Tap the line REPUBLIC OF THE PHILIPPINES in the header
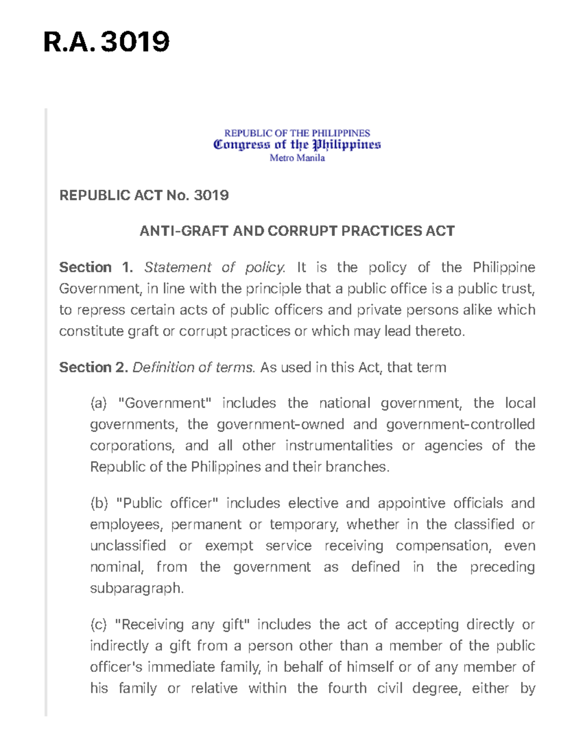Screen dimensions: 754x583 point(297,133)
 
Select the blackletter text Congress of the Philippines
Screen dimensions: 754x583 point(297,145)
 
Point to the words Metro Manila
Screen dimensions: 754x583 point(297,158)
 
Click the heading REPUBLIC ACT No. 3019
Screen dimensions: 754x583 point(144,195)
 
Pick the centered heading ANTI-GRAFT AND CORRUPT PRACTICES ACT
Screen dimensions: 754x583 point(297,231)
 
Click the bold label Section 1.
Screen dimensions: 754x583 point(96,268)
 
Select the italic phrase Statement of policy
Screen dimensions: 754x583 point(215,268)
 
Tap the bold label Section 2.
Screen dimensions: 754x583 point(93,368)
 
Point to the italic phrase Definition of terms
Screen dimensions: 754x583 point(193,368)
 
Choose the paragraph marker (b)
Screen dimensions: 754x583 point(99,503)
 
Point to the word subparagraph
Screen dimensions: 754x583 point(137,588)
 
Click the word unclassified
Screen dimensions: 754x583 point(128,546)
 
